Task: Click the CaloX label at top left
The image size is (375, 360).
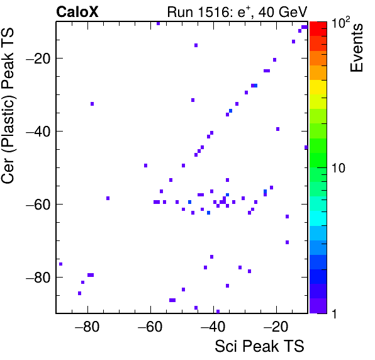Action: click(x=77, y=12)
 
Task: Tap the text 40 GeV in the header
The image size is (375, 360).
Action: click(x=283, y=12)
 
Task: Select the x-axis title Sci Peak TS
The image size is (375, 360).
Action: click(x=259, y=346)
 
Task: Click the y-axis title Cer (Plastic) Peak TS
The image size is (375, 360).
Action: click(x=8, y=106)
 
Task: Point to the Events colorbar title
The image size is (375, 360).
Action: click(x=356, y=48)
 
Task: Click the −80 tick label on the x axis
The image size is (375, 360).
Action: click(x=87, y=327)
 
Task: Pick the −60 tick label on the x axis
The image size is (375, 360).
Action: click(x=150, y=327)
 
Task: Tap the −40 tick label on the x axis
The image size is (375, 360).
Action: click(x=213, y=327)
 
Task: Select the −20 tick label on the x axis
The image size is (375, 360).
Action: click(x=276, y=327)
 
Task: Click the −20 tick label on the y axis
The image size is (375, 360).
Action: click(x=38, y=59)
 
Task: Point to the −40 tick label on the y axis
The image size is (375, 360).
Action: click(x=38, y=132)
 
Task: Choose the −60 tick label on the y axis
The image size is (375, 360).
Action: click(x=38, y=205)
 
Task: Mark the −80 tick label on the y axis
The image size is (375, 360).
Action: click(x=38, y=277)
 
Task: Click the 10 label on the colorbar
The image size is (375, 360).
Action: click(x=339, y=168)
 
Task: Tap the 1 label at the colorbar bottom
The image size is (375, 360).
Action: click(x=334, y=313)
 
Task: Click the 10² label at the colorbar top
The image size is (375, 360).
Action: click(x=340, y=22)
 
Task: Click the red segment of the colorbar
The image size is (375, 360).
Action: click(x=318, y=29)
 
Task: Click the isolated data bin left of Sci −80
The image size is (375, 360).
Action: click(x=61, y=264)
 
